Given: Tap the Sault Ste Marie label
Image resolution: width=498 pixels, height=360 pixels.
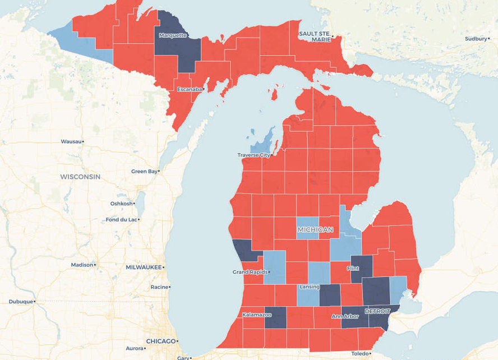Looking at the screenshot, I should point(314,36).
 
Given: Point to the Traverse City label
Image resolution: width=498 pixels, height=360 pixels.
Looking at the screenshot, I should point(253,155).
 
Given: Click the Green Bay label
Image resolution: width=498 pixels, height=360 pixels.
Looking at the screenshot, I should point(144,171).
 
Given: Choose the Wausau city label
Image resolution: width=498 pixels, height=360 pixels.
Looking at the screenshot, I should point(71,141).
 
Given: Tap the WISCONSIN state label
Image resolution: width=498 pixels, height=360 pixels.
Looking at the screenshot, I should point(80,177).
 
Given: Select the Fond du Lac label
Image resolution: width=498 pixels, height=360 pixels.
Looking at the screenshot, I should point(121,219).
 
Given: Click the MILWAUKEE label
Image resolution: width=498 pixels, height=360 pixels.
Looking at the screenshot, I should point(144,267).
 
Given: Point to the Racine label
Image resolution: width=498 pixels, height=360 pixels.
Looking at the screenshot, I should point(160,287).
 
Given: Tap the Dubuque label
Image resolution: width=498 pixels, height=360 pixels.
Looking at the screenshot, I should point(21,301).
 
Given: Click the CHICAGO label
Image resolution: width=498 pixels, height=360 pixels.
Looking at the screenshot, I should point(160,341).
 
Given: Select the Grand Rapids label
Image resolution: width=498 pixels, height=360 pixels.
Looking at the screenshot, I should point(248,272).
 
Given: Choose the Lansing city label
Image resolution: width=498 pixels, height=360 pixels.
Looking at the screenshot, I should point(309,287).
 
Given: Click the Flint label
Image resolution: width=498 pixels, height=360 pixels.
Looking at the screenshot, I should point(353,268).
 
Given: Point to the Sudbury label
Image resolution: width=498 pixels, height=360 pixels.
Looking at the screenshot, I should point(476,39).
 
